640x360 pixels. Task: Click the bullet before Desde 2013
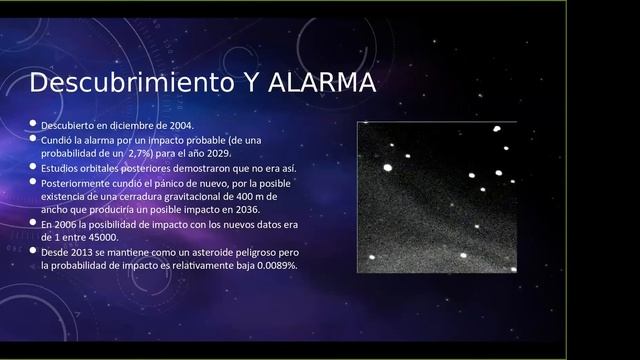33,253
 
